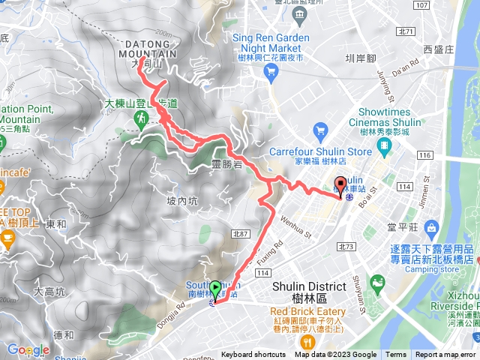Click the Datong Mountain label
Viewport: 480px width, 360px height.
[x=148, y=49]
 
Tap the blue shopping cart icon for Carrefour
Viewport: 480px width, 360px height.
[x=320, y=132]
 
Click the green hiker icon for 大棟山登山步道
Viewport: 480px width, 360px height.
[x=140, y=119]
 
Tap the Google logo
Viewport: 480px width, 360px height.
[x=28, y=349]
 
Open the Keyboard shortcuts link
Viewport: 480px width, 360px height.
[x=254, y=355]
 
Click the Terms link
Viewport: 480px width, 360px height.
[x=396, y=355]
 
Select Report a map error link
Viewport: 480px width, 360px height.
[x=445, y=355]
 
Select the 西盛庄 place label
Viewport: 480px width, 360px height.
[x=439, y=49]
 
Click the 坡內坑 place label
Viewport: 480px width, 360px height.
[x=182, y=201]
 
